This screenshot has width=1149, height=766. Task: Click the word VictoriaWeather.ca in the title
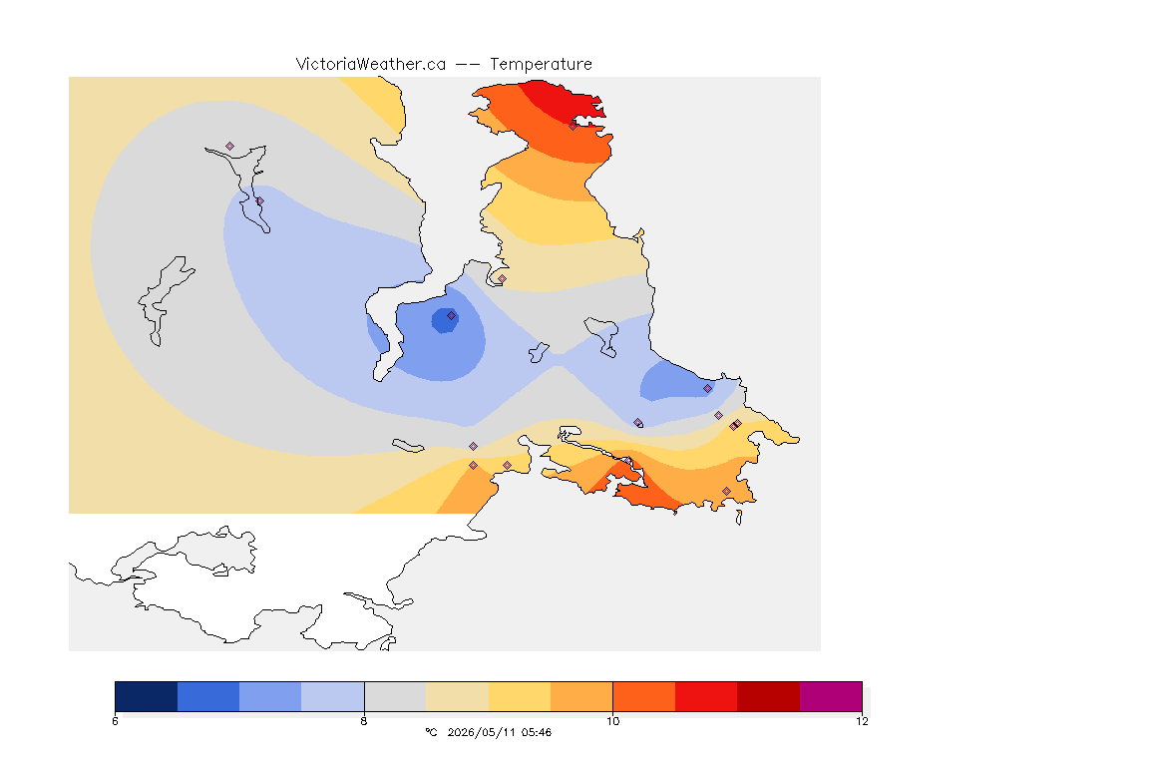[371, 65]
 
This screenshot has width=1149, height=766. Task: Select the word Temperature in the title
[541, 65]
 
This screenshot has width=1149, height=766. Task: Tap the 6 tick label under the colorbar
[115, 721]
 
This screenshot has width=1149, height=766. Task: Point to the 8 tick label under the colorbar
[364, 721]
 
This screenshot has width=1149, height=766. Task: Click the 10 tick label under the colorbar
[612, 721]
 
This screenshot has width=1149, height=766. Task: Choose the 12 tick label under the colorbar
[862, 721]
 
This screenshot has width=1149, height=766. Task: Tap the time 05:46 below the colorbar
[537, 732]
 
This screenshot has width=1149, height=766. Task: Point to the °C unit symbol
[431, 732]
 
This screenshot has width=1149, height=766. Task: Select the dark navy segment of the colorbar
[147, 696]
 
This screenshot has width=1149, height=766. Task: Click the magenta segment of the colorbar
[831, 696]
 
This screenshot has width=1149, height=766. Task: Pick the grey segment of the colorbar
[396, 696]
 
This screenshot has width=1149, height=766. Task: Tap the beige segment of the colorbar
[457, 696]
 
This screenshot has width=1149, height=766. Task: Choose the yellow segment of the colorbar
[520, 696]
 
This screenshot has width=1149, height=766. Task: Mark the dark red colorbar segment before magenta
[769, 696]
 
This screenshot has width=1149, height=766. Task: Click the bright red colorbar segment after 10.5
[706, 696]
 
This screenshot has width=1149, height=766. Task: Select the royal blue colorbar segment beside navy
[208, 696]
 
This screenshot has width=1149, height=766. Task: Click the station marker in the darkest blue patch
[452, 316]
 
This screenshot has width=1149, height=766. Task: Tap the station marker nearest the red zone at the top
[573, 126]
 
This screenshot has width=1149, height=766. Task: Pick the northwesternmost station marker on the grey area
[230, 147]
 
